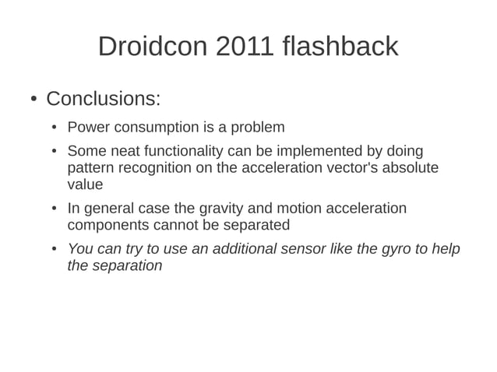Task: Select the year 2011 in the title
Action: (245, 47)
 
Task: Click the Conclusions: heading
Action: (104, 100)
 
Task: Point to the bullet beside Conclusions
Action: (33, 100)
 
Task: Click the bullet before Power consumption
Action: (54, 128)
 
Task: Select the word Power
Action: (87, 127)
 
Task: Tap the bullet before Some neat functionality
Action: (54, 152)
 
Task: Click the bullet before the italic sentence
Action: (54, 250)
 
